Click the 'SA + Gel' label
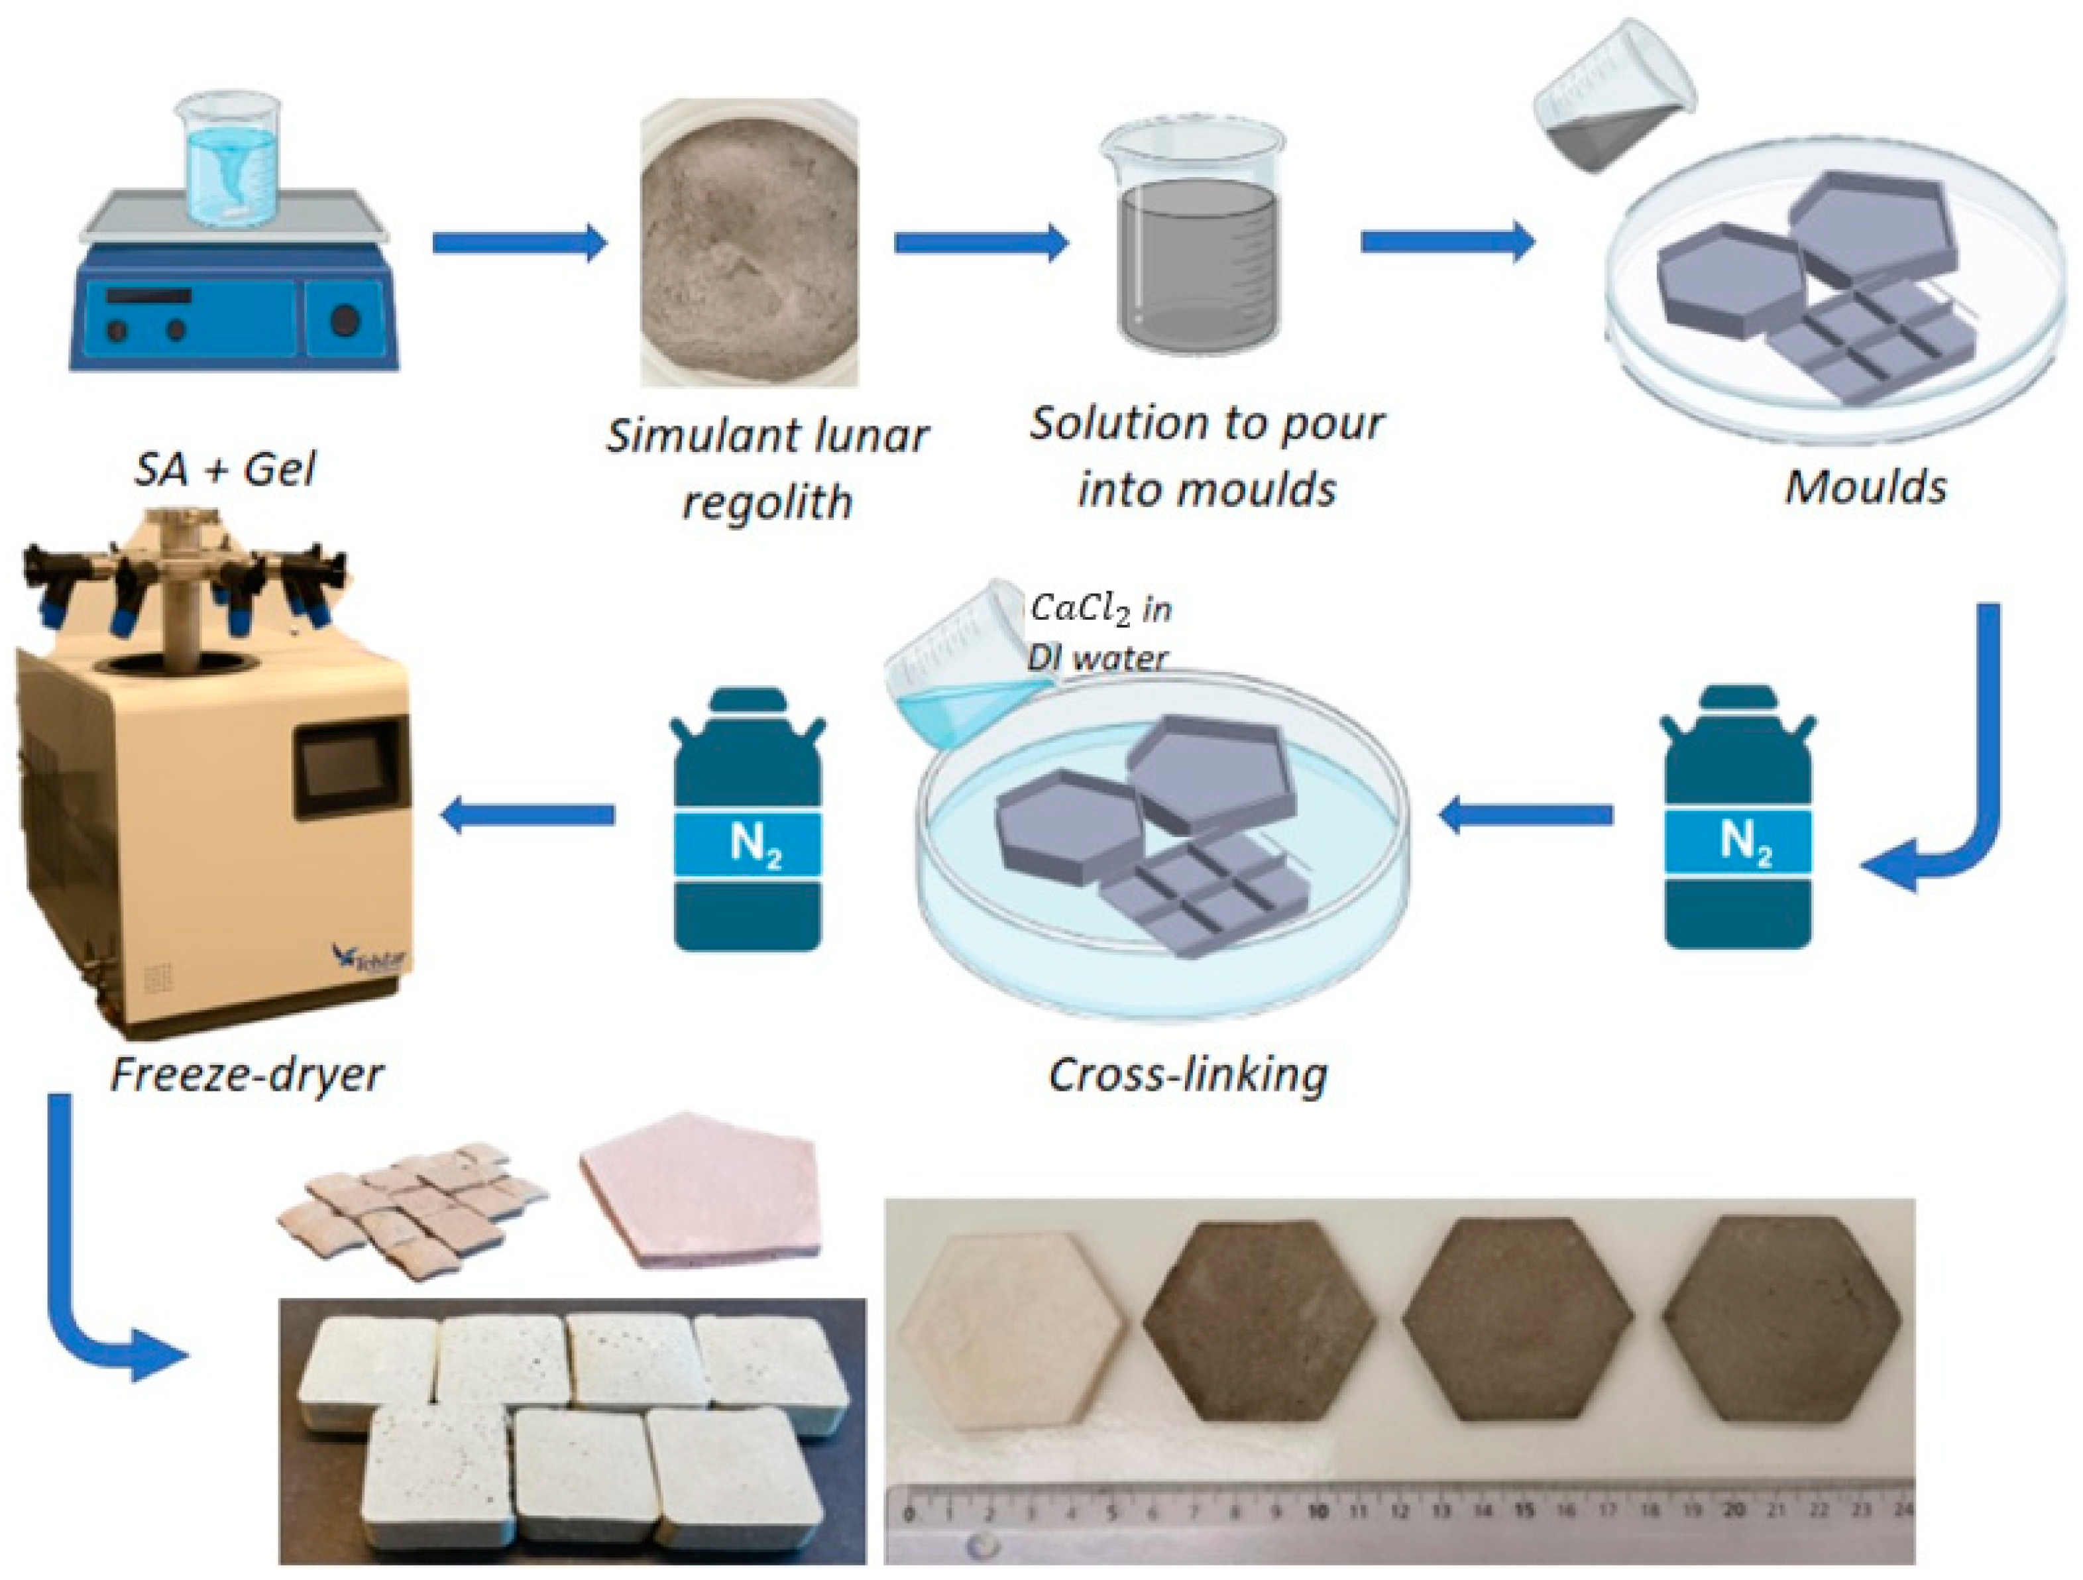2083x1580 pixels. coord(224,468)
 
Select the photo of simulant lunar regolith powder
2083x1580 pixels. coord(750,244)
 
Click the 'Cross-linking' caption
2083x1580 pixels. coord(1188,1074)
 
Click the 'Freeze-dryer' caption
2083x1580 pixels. coord(247,1074)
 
